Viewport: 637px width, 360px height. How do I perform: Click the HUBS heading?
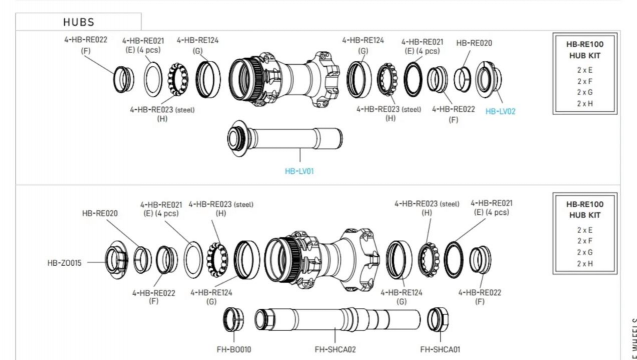(79, 22)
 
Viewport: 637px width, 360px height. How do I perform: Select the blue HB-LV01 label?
(299, 171)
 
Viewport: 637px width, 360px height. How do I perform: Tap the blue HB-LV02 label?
(500, 111)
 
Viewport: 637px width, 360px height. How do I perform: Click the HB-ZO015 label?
(64, 263)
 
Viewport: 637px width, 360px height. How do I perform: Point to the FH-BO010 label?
(234, 349)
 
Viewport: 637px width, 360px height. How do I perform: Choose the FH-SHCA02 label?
(335, 349)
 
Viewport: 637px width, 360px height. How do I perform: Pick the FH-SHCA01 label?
(440, 349)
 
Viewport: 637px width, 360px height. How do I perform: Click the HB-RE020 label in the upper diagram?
(474, 43)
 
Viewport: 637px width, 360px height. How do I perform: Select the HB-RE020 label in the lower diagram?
(100, 213)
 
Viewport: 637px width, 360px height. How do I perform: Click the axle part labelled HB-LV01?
(285, 138)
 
